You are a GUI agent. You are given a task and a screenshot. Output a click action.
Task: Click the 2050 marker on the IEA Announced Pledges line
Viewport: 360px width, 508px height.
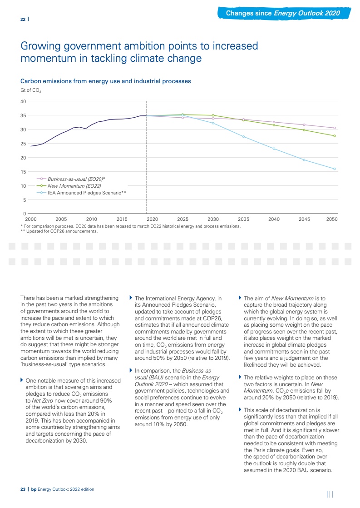click(335, 169)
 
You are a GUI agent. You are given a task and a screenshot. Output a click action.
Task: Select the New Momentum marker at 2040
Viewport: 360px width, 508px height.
click(274, 125)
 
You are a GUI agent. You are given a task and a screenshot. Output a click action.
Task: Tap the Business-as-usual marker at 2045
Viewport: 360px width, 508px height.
click(304, 125)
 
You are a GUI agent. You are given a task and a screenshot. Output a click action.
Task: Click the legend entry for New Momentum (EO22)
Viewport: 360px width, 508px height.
click(74, 186)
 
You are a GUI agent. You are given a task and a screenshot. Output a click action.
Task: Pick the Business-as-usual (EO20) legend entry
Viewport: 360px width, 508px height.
click(79, 179)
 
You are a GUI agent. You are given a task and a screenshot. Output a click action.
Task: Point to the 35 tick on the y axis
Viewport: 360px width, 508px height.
click(23, 115)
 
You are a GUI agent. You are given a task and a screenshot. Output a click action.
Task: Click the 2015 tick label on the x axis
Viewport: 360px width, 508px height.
click(122, 219)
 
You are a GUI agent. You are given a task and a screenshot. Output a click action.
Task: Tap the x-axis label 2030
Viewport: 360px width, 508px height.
click(213, 219)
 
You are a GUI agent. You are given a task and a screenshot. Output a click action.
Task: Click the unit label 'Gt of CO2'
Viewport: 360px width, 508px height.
click(31, 91)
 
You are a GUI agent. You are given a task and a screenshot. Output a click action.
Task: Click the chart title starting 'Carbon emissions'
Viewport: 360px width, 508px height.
click(105, 81)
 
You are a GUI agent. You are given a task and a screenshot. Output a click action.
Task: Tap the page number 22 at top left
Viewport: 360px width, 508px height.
click(23, 19)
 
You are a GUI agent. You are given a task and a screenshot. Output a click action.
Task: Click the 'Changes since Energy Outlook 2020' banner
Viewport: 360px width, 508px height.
click(283, 13)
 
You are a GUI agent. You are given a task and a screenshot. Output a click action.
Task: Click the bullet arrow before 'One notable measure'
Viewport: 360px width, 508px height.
click(22, 379)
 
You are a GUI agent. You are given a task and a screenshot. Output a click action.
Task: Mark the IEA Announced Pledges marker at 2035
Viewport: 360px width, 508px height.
click(243, 137)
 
